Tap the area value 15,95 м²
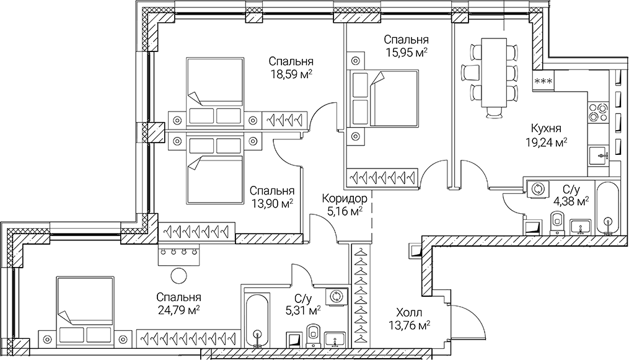tap(405, 53)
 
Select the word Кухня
tap(546, 128)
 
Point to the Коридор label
tap(345, 199)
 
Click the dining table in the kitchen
tap(494, 74)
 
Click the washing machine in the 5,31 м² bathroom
tap(338, 297)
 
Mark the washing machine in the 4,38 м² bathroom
tap(537, 189)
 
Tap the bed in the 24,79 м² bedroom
tap(85, 307)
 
